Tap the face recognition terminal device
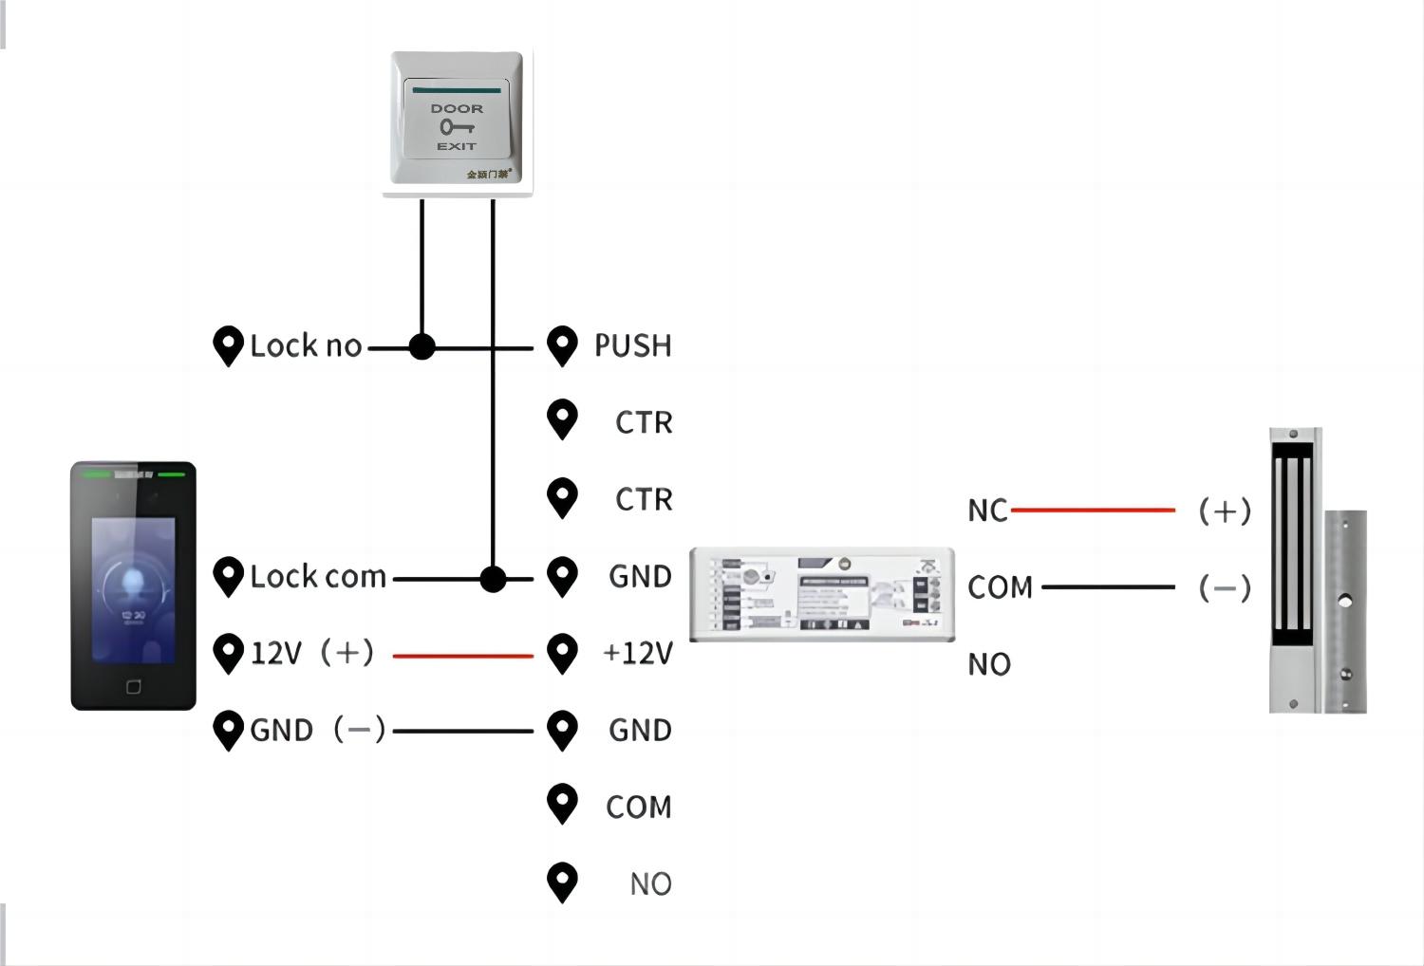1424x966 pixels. click(x=133, y=585)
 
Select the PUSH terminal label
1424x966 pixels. click(x=632, y=345)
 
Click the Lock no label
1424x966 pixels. click(x=306, y=345)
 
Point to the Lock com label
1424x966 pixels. click(x=318, y=576)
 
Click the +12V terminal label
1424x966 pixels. click(x=638, y=653)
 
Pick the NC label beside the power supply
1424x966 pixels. click(x=987, y=511)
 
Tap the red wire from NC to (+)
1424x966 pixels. click(x=1093, y=510)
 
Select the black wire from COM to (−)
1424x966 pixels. click(x=1108, y=587)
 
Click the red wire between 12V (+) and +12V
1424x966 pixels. click(x=462, y=656)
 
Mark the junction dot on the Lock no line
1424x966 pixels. click(x=422, y=347)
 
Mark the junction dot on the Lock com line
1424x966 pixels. click(x=493, y=579)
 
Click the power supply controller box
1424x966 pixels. click(x=822, y=594)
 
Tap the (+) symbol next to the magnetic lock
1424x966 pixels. click(x=1225, y=511)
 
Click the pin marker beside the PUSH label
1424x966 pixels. click(x=562, y=344)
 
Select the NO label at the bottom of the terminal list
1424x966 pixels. click(x=650, y=883)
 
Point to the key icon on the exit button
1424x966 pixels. click(x=456, y=127)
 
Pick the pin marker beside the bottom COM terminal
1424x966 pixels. click(x=562, y=803)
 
